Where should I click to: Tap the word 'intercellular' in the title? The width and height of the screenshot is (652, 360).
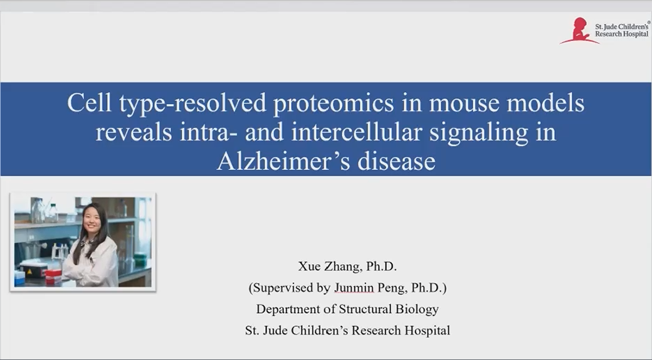point(356,132)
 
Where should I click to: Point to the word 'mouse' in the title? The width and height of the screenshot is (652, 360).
point(464,103)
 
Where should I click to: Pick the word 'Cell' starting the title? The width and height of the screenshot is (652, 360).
point(90,102)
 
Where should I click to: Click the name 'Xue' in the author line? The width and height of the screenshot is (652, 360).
point(308,267)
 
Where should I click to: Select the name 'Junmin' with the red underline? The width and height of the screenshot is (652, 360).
point(354,288)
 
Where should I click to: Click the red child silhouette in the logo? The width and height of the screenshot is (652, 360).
point(579,30)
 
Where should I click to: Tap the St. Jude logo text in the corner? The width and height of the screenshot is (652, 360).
point(622,30)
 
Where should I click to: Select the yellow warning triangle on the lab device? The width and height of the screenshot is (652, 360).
point(30,271)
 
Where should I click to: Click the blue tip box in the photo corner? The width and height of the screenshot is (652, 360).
point(19,278)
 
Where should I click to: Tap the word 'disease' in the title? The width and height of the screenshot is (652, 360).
point(396,161)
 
